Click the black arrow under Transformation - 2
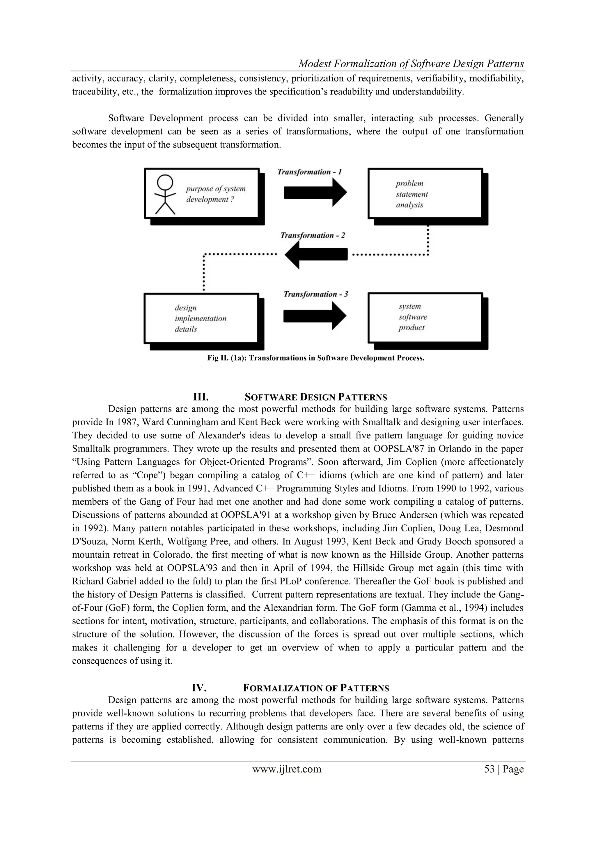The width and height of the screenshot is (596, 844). click(x=316, y=254)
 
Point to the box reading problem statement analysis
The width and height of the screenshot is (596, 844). click(x=425, y=194)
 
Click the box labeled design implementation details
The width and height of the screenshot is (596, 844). click(x=201, y=318)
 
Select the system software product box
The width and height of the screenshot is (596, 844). click(x=425, y=317)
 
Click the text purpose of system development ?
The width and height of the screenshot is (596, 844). click(x=216, y=194)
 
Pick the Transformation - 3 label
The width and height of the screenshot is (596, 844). click(x=316, y=294)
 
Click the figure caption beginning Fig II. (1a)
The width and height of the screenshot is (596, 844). click(x=316, y=358)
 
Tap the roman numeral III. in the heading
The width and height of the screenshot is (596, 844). click(x=201, y=397)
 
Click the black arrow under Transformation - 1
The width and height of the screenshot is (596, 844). click(x=315, y=192)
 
